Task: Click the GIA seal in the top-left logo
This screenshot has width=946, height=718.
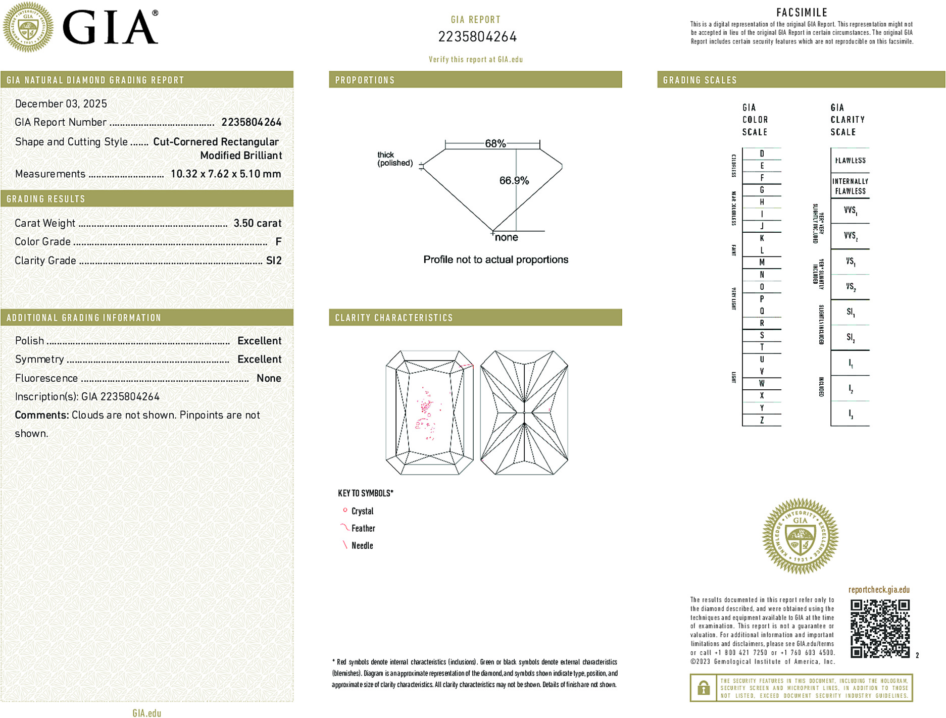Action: point(28,27)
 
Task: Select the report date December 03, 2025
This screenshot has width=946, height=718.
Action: point(61,104)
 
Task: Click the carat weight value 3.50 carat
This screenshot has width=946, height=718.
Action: point(257,223)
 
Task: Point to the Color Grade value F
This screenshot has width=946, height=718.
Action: point(278,242)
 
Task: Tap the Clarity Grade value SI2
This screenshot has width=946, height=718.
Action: point(274,261)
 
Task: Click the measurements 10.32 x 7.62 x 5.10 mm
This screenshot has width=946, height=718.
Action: point(226,174)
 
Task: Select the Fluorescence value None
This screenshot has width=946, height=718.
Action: point(269,378)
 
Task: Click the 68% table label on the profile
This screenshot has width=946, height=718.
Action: point(495,143)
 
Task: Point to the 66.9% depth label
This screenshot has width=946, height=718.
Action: point(514,181)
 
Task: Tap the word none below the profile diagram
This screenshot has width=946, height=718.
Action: point(506,238)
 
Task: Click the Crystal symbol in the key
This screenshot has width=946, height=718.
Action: point(345,510)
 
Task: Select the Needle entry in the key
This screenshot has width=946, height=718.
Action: point(362,546)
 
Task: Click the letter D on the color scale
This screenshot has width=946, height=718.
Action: point(762,153)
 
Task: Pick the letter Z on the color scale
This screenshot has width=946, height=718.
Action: point(762,420)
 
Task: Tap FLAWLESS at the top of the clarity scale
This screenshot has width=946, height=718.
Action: point(850,161)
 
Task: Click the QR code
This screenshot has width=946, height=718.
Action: point(880,629)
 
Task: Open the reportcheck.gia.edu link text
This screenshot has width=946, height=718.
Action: point(879,590)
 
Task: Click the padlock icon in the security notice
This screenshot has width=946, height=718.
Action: point(703,688)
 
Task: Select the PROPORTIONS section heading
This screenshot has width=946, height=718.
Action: point(365,80)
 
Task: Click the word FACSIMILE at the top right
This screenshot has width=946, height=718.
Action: point(802,13)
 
